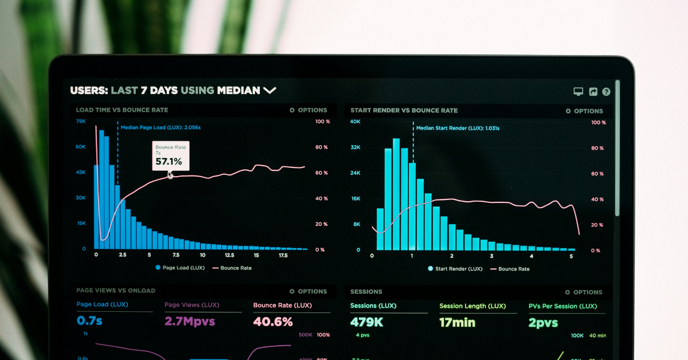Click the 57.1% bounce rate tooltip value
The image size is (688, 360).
169,162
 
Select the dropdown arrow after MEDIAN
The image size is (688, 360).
269,90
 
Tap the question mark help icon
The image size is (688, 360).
606,92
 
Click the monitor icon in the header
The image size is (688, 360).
578,92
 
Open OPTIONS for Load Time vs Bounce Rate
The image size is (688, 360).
308,110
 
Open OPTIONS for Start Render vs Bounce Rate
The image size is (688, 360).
584,111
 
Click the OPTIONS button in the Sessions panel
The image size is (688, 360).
584,292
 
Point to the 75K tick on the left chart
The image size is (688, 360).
81,122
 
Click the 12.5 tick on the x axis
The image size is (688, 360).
229,255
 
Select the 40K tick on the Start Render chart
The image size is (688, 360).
355,122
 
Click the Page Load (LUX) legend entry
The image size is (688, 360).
180,268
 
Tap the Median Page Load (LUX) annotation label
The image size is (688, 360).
161,127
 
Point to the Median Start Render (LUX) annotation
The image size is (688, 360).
458,128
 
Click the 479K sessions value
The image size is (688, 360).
367,322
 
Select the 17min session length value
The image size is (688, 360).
457,322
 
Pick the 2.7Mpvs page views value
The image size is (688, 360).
190,321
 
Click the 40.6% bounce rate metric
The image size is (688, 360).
273,322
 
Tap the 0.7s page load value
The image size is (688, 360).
89,320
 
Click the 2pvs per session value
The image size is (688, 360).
543,323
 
